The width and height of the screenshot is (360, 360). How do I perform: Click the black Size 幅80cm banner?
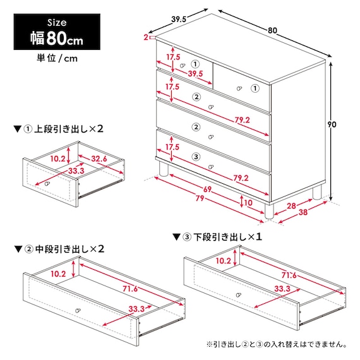(x=57, y=32)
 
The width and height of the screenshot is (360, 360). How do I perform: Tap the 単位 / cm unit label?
(x=57, y=58)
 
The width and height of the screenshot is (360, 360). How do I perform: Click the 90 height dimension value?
(x=332, y=124)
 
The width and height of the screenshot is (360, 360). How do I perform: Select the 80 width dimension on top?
(x=272, y=30)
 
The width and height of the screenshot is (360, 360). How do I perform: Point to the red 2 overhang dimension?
(x=146, y=37)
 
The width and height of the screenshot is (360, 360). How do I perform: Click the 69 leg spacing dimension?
(x=207, y=189)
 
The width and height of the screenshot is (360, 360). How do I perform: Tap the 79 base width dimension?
(x=200, y=198)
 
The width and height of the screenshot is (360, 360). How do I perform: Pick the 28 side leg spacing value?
(x=291, y=206)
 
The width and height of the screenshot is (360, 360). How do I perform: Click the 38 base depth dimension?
(x=303, y=212)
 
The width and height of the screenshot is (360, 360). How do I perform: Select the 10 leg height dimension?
(x=248, y=203)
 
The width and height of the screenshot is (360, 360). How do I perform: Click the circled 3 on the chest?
(x=196, y=157)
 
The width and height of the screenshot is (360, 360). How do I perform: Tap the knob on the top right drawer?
(x=239, y=88)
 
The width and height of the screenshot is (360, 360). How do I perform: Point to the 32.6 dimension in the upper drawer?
(x=99, y=159)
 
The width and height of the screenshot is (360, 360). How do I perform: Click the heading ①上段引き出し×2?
(x=58, y=129)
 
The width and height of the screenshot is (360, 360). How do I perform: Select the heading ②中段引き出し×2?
(x=59, y=249)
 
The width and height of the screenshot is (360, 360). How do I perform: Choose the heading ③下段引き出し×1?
(x=217, y=237)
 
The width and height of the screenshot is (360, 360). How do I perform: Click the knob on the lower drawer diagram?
(x=239, y=295)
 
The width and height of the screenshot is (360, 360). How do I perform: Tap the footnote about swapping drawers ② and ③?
(x=277, y=344)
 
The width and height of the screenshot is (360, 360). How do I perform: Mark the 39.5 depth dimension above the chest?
(x=179, y=20)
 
